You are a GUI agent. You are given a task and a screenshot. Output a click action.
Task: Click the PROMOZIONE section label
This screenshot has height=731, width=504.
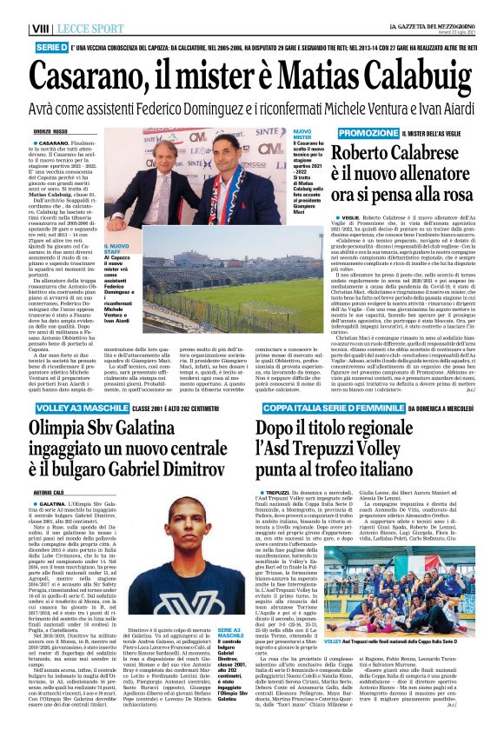coord(345,132)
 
